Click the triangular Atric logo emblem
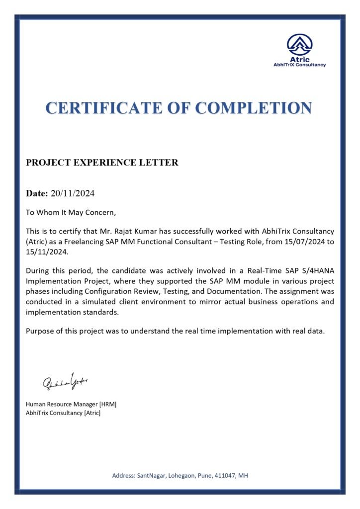click(299, 45)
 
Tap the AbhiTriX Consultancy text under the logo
click(299, 65)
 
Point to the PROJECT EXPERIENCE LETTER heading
click(102, 163)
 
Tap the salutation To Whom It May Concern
click(71, 213)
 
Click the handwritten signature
click(65, 381)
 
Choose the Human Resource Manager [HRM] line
click(71, 404)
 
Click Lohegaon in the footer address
click(185, 476)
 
